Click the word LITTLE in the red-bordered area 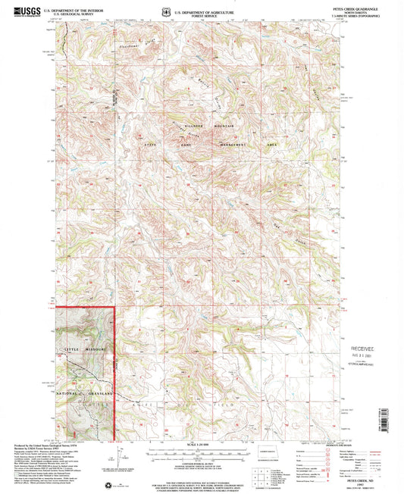tap(68, 349)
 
